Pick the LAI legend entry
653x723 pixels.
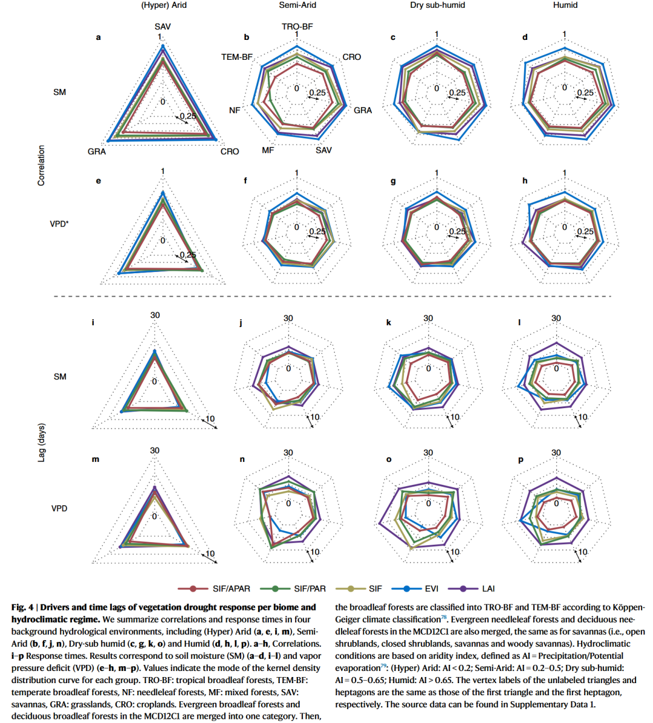pos(488,588)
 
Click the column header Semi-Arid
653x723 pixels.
pos(297,5)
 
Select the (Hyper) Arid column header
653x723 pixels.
pos(164,5)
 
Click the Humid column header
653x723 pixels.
pos(565,5)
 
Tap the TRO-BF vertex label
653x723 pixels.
pos(297,27)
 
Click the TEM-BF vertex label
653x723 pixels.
pos(237,57)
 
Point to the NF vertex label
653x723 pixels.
pos(235,111)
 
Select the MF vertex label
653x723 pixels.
pos(268,150)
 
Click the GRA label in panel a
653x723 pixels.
pos(97,151)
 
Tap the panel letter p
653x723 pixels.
pos(521,459)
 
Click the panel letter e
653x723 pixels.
pos(99,181)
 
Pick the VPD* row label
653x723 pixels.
pos(59,224)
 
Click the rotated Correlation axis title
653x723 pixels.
pos(42,165)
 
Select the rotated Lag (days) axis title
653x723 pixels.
pos(42,443)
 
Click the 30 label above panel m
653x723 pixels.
pos(155,450)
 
